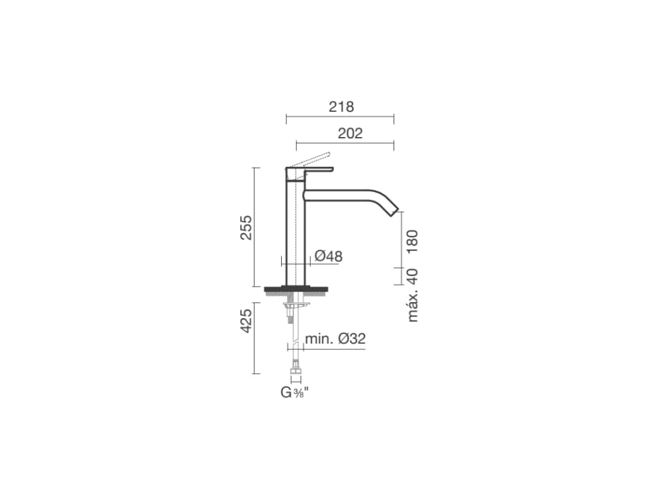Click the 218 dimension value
[x=341, y=107]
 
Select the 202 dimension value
[x=350, y=133]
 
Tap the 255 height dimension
[x=246, y=227]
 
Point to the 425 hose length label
[x=246, y=321]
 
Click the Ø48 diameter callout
[x=329, y=256]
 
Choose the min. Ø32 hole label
[x=335, y=338]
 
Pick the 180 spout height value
[x=412, y=242]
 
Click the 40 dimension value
[x=412, y=276]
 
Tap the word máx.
[x=412, y=306]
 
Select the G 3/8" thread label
[x=294, y=392]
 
